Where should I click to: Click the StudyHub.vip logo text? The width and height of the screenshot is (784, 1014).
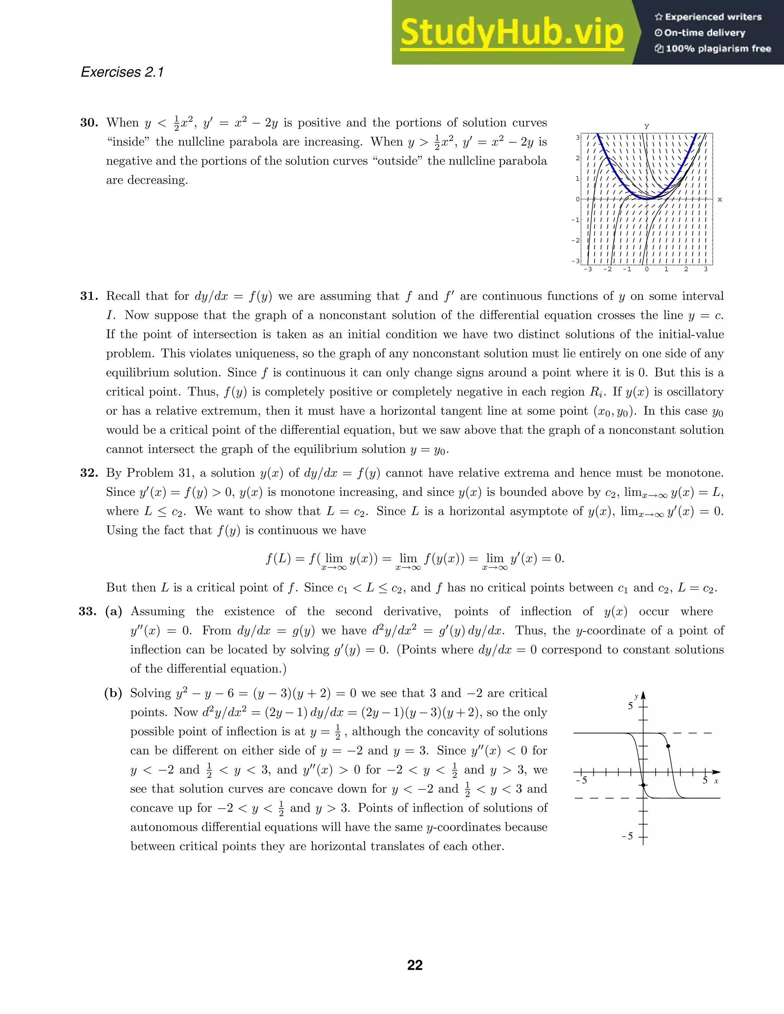click(511, 32)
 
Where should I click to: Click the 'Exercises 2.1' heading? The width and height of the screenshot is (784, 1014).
click(122, 72)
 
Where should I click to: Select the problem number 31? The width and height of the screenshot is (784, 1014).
click(89, 296)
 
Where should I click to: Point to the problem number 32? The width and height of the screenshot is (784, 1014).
click(89, 473)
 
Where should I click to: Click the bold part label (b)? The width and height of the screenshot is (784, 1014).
click(113, 693)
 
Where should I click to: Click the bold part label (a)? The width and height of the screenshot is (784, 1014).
click(113, 611)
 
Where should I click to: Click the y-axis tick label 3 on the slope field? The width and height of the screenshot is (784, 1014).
click(578, 137)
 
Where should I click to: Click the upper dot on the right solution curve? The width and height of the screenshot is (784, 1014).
click(668, 746)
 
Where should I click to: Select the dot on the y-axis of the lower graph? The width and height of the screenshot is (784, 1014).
click(643, 785)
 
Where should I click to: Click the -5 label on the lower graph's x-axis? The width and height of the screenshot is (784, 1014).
click(581, 781)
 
